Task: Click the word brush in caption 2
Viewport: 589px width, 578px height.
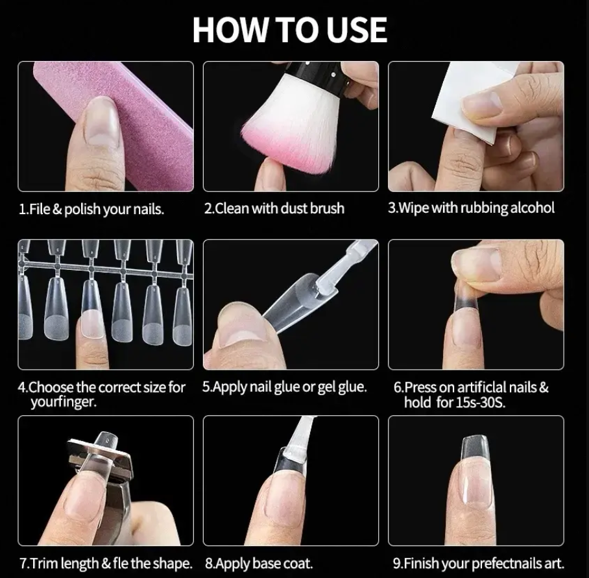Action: [x=327, y=208]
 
